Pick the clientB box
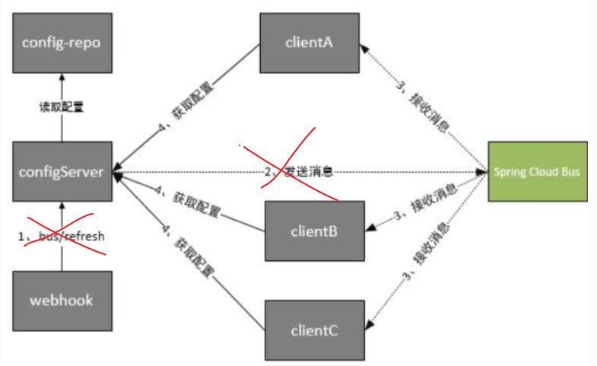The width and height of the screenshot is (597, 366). pos(314,231)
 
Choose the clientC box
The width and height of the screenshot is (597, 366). pos(314,330)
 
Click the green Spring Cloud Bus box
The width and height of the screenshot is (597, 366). pos(537,171)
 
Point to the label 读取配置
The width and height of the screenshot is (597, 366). pos(63,107)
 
